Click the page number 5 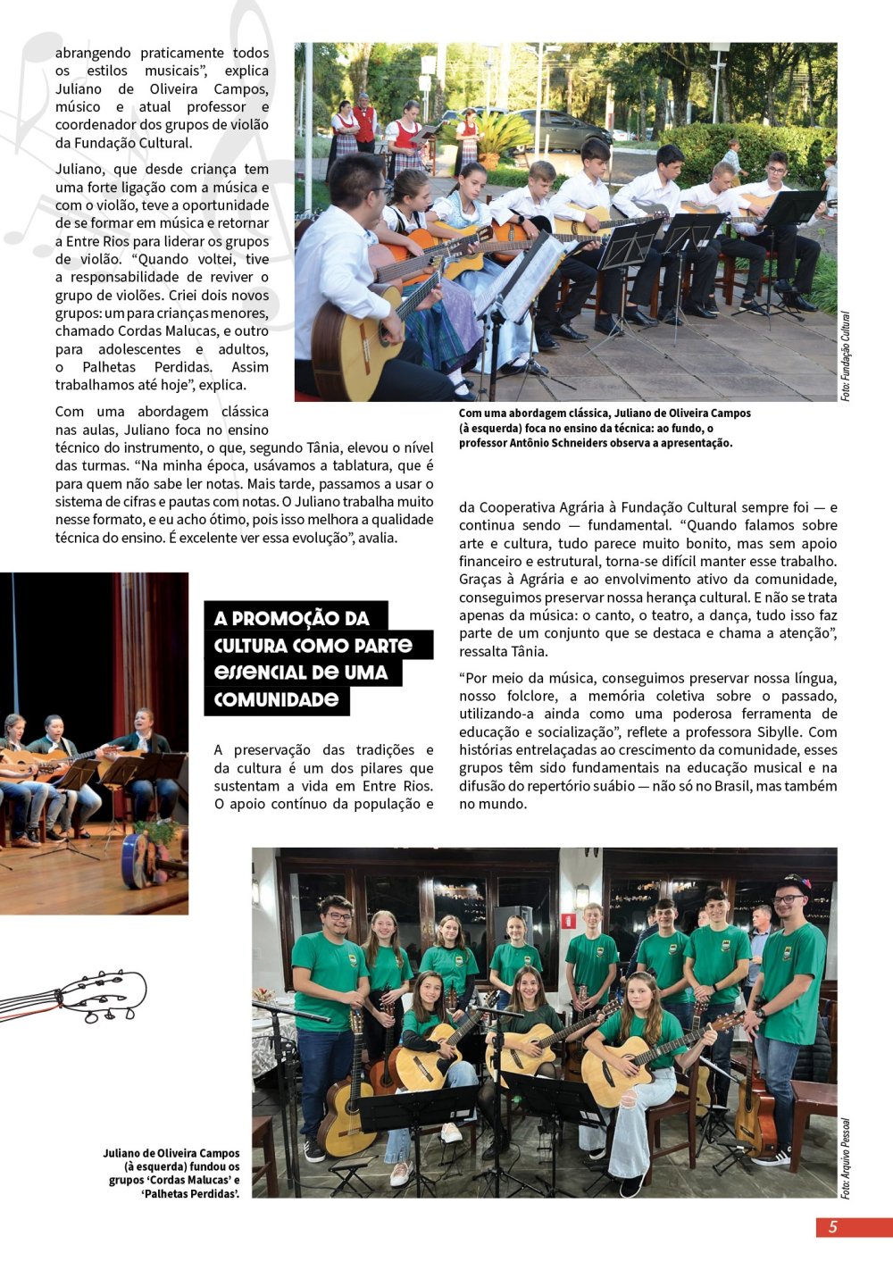click(832, 1226)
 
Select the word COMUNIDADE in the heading click(276, 699)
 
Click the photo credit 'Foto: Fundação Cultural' click(845, 355)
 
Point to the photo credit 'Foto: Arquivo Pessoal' click(845, 1158)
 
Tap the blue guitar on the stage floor click(138, 860)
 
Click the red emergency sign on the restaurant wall click(568, 920)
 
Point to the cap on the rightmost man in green click(794, 883)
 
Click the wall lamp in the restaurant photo click(581, 894)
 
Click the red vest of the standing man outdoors click(364, 125)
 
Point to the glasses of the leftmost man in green click(337, 915)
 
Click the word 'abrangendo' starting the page click(93, 53)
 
